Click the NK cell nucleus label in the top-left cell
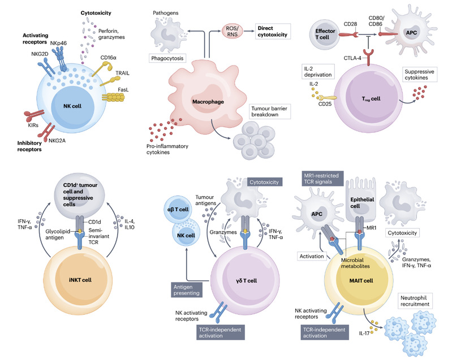point(72,106)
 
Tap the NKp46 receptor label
point(58,43)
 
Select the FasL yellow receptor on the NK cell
point(113,97)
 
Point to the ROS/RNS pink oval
point(233,31)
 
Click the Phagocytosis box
point(167,58)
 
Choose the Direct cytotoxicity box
point(273,32)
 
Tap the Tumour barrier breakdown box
point(269,111)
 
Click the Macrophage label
point(208,102)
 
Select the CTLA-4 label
point(352,58)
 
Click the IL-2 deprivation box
point(318,72)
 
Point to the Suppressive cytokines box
point(419,75)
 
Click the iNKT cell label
point(80,280)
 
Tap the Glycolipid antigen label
point(58,235)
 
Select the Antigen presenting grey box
point(187,290)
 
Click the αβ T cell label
point(178,209)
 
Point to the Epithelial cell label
point(362,203)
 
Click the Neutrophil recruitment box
point(415,301)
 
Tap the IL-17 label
point(364,333)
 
